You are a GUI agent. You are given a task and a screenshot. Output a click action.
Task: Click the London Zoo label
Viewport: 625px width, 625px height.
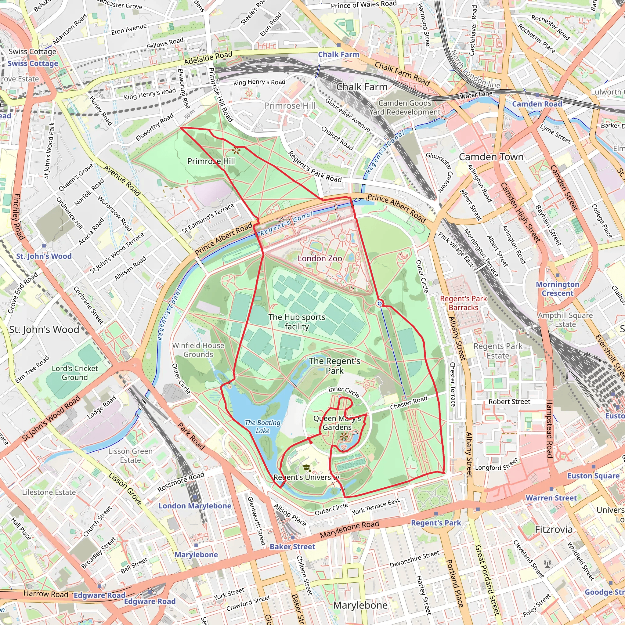[x=320, y=258]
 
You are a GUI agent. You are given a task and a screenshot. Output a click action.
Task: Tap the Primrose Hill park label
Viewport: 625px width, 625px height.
[x=211, y=161]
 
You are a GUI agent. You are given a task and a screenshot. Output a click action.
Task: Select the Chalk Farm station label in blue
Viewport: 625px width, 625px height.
[x=338, y=55]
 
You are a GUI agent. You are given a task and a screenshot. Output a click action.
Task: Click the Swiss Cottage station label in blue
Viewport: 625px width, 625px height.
[x=33, y=63]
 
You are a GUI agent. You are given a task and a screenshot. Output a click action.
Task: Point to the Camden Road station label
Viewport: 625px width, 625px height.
[x=537, y=104]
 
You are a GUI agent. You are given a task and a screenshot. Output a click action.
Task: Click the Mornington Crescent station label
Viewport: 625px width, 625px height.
[x=557, y=289]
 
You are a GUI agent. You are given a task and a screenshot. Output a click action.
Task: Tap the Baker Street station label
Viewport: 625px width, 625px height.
[x=292, y=546]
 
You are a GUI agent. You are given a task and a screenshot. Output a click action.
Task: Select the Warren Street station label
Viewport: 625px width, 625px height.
[x=551, y=498]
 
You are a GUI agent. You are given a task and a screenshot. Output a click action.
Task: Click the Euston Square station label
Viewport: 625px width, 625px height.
[x=593, y=476]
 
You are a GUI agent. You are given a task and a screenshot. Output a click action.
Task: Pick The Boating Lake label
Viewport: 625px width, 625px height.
[x=262, y=427]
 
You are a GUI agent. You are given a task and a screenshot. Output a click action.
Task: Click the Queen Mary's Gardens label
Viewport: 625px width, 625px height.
[x=337, y=423]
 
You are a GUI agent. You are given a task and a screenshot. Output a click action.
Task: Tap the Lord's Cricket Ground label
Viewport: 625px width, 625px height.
[x=75, y=373]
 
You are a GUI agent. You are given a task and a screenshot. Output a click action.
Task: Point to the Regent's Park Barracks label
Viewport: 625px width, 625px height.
[x=463, y=303]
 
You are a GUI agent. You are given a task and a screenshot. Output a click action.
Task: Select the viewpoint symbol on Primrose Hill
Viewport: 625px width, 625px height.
[x=237, y=150]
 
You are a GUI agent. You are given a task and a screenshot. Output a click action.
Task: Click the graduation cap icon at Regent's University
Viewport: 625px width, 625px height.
[x=306, y=468]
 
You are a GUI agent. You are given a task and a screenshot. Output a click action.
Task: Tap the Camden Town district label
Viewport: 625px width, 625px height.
[x=491, y=157]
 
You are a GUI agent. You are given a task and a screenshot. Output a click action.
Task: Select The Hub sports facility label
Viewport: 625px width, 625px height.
[x=297, y=322]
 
